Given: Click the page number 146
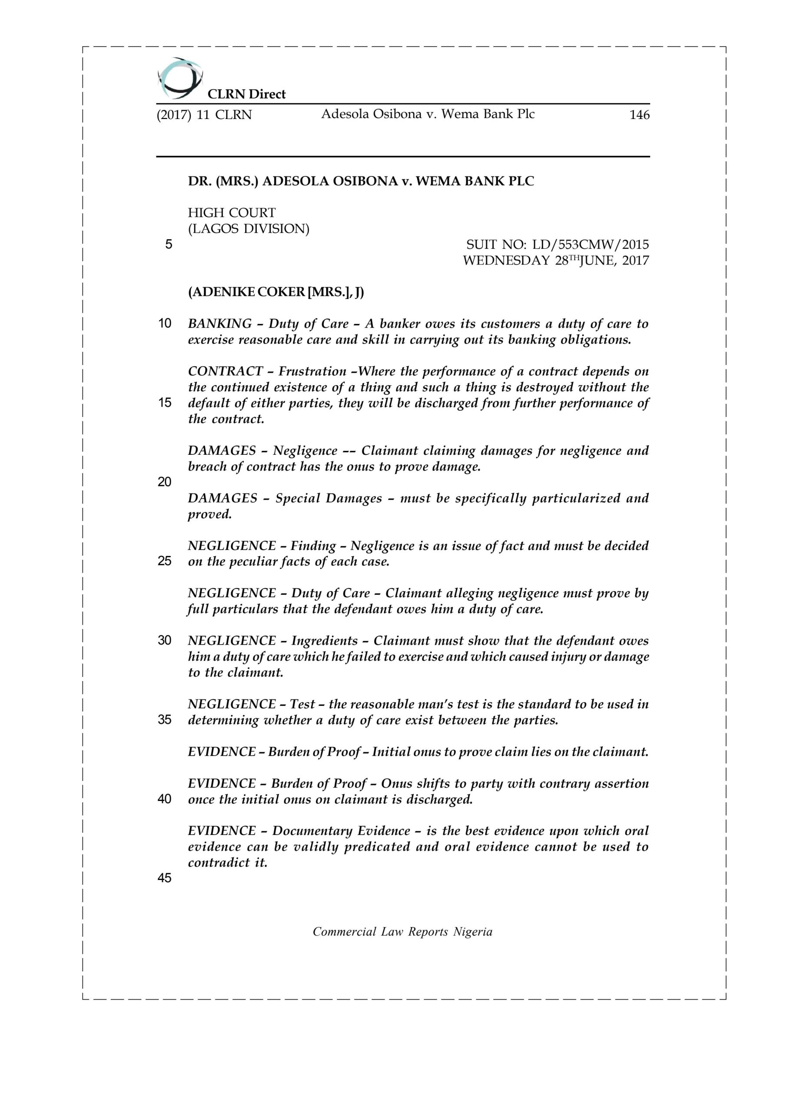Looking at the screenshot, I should pyautogui.click(x=639, y=115).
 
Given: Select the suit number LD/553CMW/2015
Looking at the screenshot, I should pyautogui.click(x=590, y=245).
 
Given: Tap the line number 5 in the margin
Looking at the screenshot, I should pyautogui.click(x=169, y=245).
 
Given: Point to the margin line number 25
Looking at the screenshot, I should pyautogui.click(x=165, y=561).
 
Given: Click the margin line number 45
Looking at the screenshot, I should pyautogui.click(x=165, y=878).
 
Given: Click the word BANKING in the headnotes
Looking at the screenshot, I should pyautogui.click(x=220, y=324).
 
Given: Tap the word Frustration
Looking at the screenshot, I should pyautogui.click(x=312, y=371).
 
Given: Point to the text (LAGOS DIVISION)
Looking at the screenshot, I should pyautogui.click(x=249, y=228).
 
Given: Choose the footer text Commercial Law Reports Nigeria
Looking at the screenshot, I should pyautogui.click(x=402, y=932).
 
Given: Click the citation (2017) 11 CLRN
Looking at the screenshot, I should pyautogui.click(x=204, y=115).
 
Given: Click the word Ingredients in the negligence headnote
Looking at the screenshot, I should pyautogui.click(x=324, y=641).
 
